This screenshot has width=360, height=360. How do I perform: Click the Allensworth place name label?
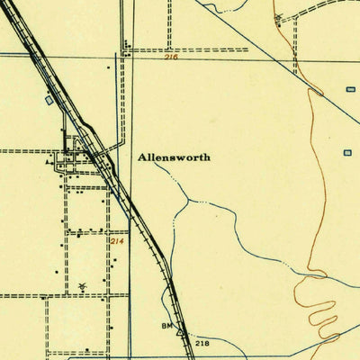pos(174,157)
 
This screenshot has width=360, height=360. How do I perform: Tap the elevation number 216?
pos(172,58)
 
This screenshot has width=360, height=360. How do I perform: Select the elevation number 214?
pos(116,241)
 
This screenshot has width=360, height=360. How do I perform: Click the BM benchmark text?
pos(166,323)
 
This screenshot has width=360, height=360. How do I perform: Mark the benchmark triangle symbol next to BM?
pos(178,330)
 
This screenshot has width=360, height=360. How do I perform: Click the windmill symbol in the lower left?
pos(82,285)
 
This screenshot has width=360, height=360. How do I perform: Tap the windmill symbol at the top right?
pos(278,17)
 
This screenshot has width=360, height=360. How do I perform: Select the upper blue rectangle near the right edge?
pos(350,88)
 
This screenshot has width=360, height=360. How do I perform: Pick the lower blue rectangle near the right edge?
pos(347,153)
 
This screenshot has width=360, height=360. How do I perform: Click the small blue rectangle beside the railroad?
pos(49,101)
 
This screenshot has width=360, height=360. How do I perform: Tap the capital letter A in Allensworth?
pos(142,157)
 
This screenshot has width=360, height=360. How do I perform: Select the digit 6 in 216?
pos(176,58)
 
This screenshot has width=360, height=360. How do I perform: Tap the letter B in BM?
pos(163,323)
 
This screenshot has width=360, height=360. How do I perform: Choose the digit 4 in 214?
pos(121,241)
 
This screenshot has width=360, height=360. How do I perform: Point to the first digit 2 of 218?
pos(197,343)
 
